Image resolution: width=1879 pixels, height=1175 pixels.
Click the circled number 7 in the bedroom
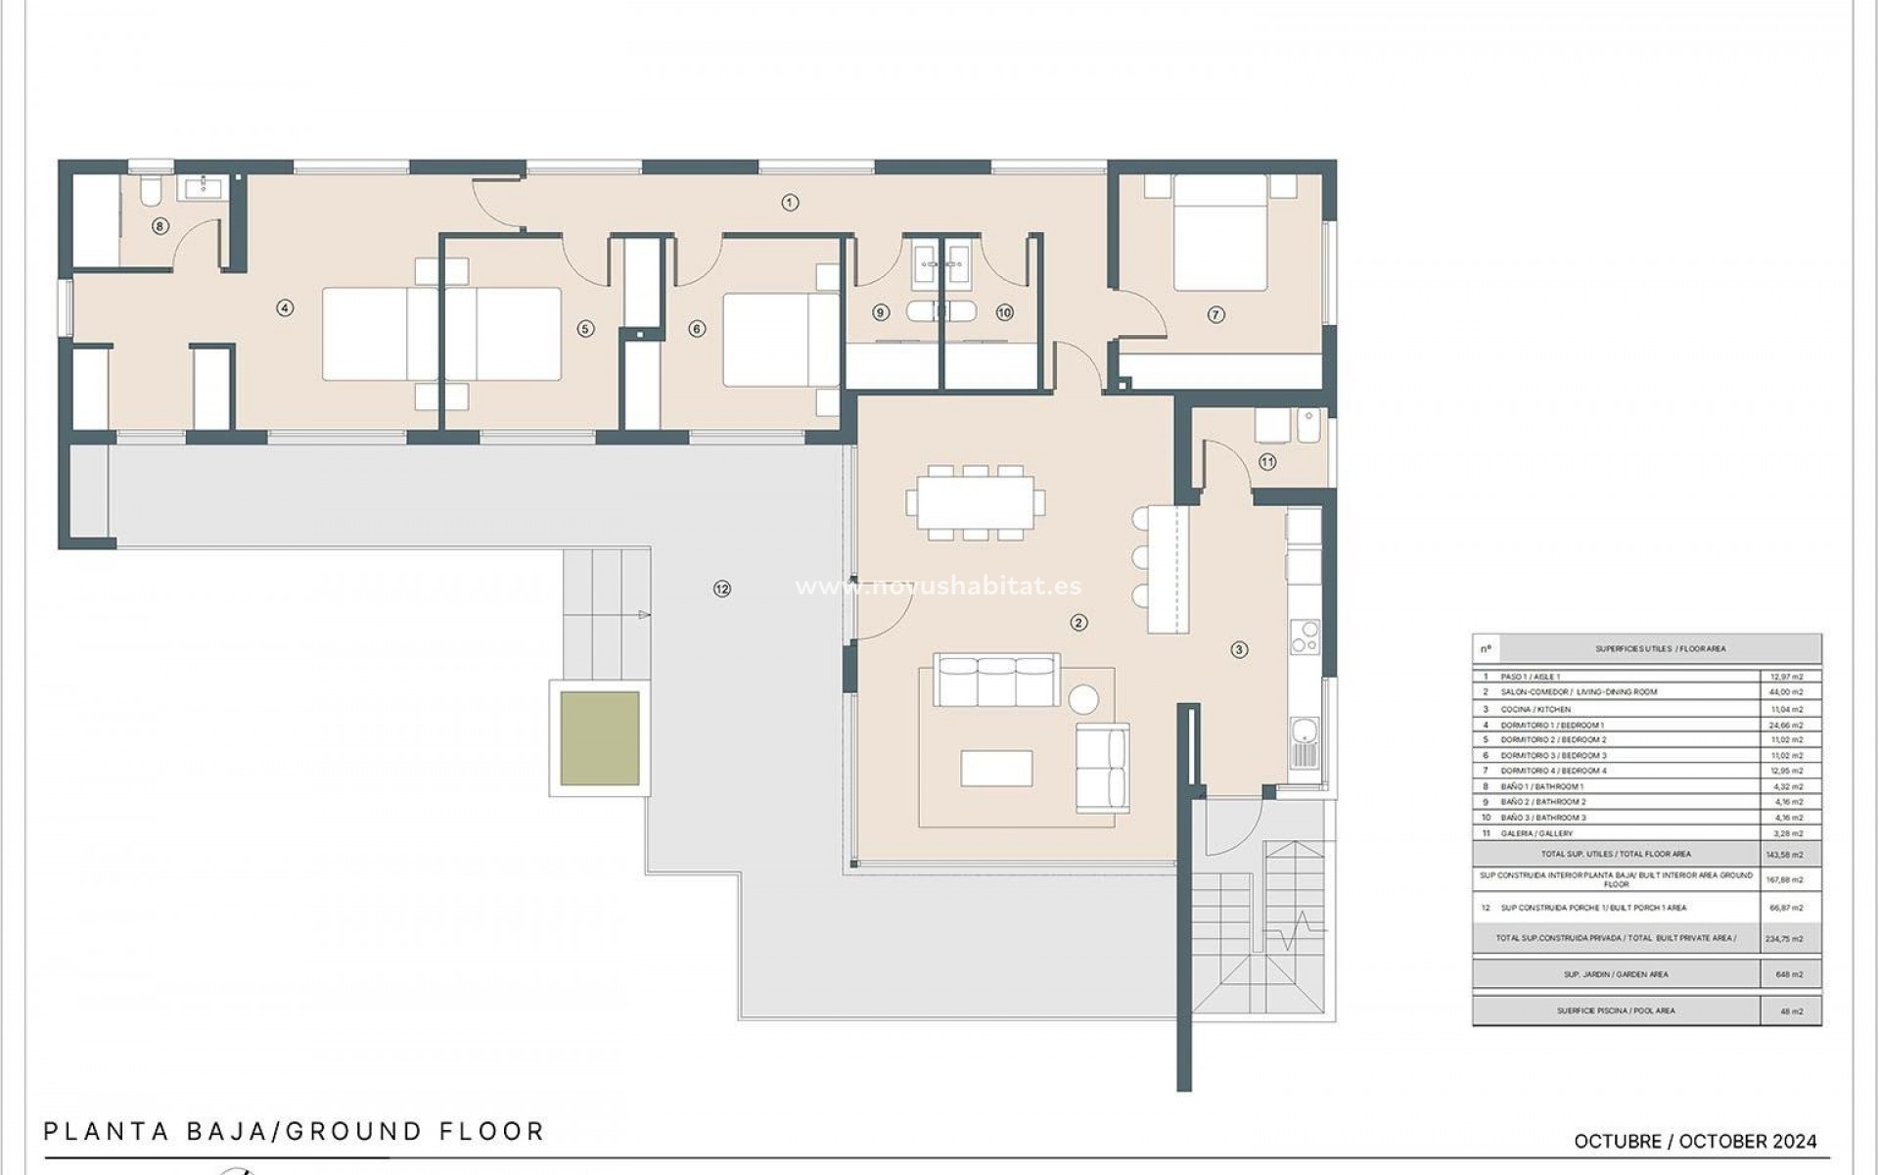point(1215,315)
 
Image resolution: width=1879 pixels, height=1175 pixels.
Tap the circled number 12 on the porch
point(722,588)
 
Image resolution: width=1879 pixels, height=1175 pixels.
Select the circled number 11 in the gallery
point(1267,462)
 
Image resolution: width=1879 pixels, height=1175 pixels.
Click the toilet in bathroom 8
point(151,192)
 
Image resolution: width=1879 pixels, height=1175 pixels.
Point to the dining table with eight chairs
point(974,502)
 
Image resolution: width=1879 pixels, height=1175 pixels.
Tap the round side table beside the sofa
point(1083,699)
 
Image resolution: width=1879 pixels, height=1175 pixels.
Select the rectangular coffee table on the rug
point(996,769)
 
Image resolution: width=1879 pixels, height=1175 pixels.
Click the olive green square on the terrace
point(600,738)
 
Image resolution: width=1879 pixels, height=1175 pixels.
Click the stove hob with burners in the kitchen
point(1304,638)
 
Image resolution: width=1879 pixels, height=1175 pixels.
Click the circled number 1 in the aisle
point(790,203)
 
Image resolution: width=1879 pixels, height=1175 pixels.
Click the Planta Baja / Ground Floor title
point(294,1132)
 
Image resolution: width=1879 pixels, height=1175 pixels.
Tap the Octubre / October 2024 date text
point(1695,1142)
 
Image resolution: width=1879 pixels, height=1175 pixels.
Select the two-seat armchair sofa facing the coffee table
point(1103,768)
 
